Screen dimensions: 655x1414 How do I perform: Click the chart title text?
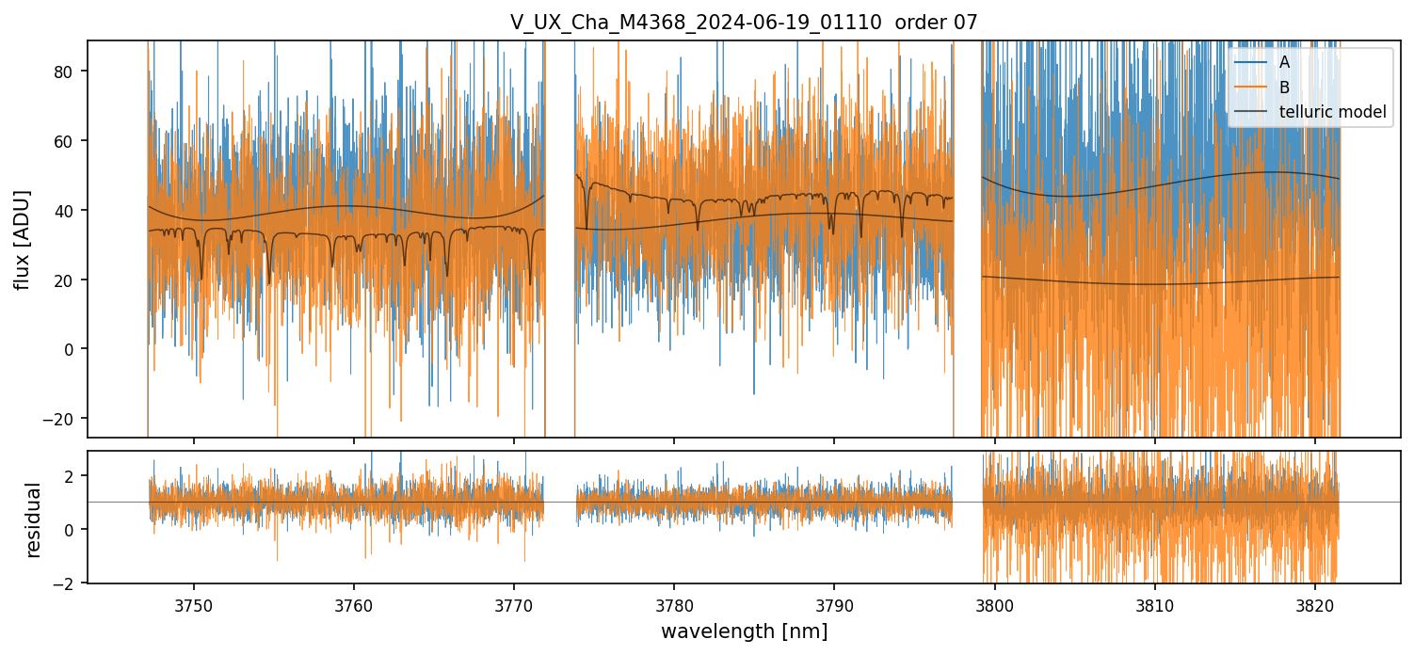(x=744, y=23)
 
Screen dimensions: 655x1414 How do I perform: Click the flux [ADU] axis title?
(x=22, y=239)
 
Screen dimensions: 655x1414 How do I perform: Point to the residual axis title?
(x=34, y=519)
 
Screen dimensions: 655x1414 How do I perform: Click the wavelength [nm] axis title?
(x=744, y=631)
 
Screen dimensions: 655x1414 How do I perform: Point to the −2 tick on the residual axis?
(x=70, y=583)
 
